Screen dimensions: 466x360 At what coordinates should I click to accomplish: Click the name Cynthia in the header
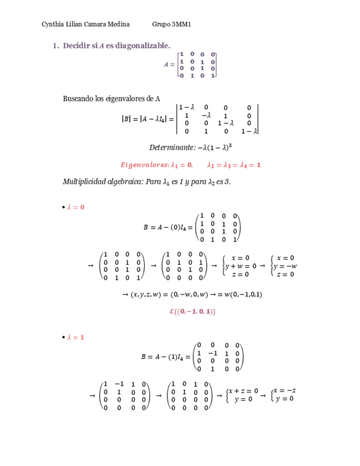53,24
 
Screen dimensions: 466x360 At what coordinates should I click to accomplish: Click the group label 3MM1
181,24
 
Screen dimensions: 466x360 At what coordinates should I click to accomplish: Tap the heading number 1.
55,45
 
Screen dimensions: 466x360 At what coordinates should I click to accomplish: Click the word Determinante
170,147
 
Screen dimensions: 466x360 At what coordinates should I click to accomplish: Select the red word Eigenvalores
144,164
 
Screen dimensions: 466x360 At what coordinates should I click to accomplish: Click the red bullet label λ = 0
75,207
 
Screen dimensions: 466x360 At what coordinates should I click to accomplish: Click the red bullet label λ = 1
75,337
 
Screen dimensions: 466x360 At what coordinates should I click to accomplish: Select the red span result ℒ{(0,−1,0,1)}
192,312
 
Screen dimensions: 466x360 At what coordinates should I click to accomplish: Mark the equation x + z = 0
243,391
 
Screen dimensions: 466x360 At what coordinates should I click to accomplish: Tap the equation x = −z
285,391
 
